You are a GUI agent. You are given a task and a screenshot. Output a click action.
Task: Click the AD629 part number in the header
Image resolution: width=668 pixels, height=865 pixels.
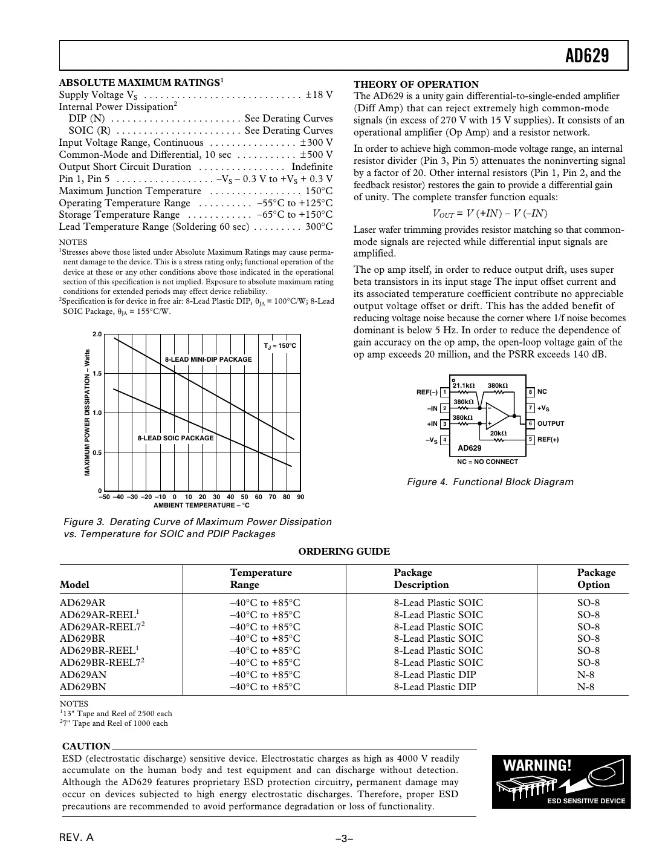[x=586, y=56]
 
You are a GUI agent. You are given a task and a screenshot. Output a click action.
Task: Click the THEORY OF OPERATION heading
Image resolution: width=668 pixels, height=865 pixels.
[x=416, y=85]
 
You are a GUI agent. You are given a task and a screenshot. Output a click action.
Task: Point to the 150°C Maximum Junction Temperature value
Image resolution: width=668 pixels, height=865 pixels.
[x=319, y=191]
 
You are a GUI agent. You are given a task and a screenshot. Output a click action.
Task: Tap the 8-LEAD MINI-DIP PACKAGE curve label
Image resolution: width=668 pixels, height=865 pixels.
[x=208, y=359]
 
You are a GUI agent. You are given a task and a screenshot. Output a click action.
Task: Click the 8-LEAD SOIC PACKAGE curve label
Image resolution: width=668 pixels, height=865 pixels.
[x=175, y=438]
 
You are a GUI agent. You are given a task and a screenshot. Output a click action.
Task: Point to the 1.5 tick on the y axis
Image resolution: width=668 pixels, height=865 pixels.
[x=97, y=374]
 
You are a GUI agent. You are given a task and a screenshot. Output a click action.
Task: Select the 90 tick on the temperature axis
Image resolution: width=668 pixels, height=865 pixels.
[x=300, y=497]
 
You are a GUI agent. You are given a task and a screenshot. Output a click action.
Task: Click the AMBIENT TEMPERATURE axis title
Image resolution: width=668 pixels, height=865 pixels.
[x=201, y=505]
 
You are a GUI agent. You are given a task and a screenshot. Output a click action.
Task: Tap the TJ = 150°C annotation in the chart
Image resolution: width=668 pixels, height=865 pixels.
[x=280, y=346]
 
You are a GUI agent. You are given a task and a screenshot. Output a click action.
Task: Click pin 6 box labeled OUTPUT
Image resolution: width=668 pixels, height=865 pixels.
[x=530, y=423]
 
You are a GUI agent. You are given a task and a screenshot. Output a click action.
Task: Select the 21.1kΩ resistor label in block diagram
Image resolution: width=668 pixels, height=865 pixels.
[x=464, y=386]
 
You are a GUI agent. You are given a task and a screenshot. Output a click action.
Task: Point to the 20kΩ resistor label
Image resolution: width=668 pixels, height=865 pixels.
[x=498, y=433]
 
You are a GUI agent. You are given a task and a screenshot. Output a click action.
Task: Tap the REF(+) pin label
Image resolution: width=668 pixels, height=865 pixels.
[x=548, y=440]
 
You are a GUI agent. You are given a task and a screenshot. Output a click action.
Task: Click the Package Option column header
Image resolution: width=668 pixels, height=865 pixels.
[x=595, y=578]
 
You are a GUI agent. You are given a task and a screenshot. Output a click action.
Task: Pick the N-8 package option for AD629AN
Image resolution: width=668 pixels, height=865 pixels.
[x=585, y=674]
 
